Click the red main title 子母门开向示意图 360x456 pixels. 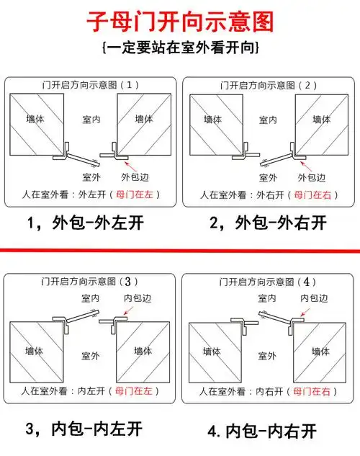[x=180, y=21]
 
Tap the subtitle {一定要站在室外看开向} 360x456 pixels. [x=181, y=48]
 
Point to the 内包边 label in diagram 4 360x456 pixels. [x=314, y=298]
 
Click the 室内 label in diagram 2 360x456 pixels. [x=268, y=120]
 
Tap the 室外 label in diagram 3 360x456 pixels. [x=90, y=355]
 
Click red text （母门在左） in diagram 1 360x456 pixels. [x=137, y=194]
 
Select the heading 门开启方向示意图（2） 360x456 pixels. [x=269, y=85]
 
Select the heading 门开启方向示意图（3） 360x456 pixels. [x=91, y=280]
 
